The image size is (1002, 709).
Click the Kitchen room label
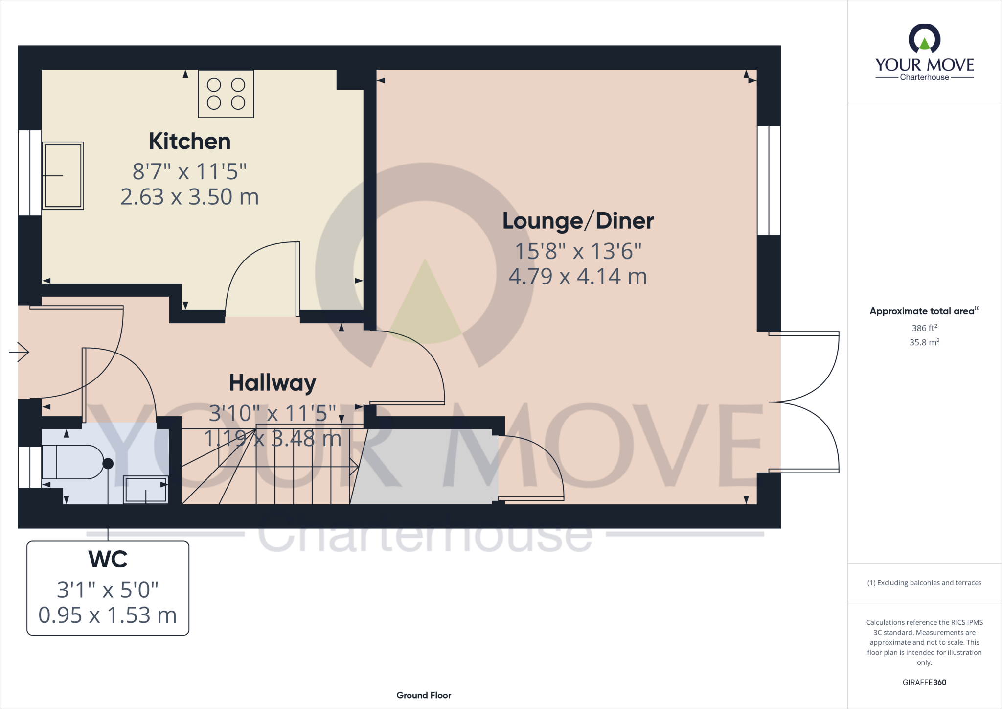(189, 142)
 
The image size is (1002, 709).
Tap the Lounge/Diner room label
(578, 221)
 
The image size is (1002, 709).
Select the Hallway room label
(273, 383)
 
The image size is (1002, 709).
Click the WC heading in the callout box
(108, 559)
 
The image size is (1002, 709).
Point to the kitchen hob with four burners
(226, 94)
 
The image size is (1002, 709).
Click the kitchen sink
(63, 175)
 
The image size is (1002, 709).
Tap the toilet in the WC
(73, 462)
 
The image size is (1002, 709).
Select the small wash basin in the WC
(145, 489)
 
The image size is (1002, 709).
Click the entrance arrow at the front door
(20, 352)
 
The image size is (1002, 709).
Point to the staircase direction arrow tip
(357, 467)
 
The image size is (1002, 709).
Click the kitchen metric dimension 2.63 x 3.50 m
(189, 197)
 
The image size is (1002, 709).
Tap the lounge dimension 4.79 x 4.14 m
(578, 277)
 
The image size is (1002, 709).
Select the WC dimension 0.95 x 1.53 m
(108, 615)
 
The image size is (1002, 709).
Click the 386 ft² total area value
(924, 328)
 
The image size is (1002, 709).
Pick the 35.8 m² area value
(924, 342)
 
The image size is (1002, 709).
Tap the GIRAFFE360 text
(924, 682)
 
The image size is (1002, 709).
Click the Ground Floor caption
(424, 695)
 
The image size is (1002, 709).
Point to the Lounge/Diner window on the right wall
(769, 181)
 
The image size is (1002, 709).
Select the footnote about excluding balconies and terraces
(924, 583)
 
